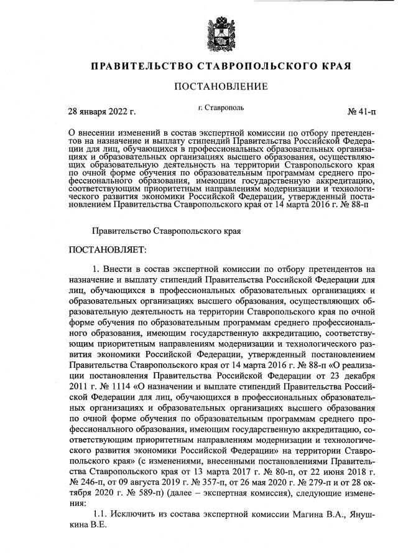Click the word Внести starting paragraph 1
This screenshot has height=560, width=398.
point(118,269)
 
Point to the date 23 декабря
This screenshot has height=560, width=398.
point(354,373)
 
